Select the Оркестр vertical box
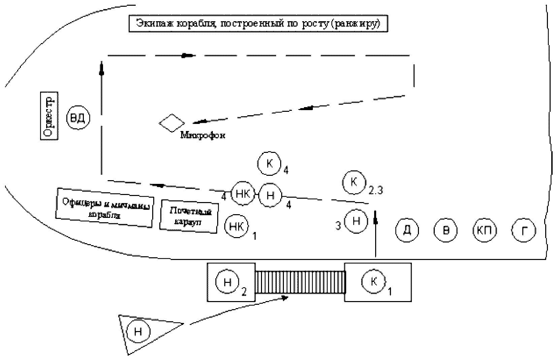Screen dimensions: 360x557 pos(49,115)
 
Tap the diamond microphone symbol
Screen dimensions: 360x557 pos(172,123)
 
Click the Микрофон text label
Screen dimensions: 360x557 pos(203,135)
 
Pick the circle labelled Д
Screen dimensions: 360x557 pos(407,230)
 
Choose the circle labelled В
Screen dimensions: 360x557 pos(446,230)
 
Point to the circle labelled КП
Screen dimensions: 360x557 pos(485,230)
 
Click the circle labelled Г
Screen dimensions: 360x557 pos(524,230)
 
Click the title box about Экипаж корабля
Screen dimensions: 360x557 pos(258,24)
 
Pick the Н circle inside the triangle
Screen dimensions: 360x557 pos(138,331)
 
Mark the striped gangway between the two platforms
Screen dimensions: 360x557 pos(300,282)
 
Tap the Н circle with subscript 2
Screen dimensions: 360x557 pos(227,282)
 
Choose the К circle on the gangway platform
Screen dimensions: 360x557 pos(373,282)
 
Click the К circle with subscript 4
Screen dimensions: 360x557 pos(269,163)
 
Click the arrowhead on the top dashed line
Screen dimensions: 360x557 pos(187,55)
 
